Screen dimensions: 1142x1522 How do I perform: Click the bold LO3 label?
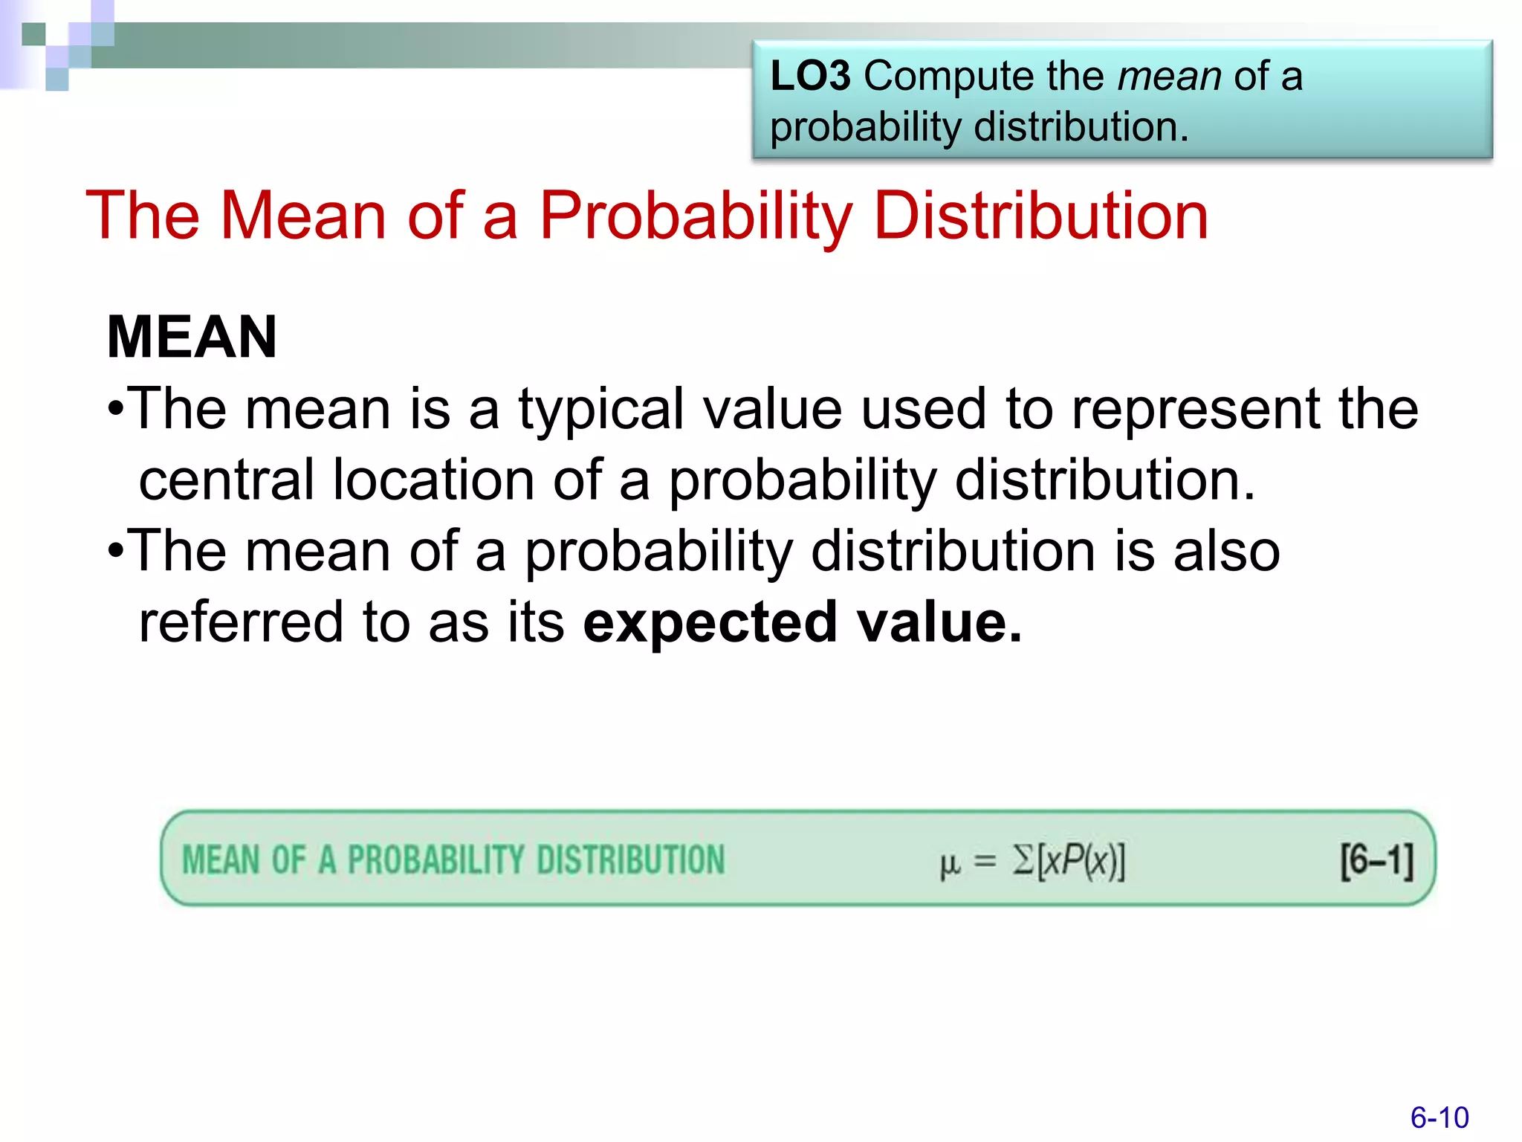pos(810,77)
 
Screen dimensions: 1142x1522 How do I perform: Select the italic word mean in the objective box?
pos(1169,77)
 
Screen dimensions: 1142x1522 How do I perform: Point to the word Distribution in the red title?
pos(1041,216)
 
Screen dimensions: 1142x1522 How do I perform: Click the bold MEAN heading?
pos(192,338)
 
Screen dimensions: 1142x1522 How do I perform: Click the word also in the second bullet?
pos(1226,552)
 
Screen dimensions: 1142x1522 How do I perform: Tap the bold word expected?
pos(710,624)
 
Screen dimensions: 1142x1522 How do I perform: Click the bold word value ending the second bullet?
pos(939,622)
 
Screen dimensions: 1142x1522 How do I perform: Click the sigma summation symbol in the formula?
pos(1023,861)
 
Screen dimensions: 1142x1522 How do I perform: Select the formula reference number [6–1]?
pos(1376,861)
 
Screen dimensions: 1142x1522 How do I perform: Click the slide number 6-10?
pos(1440,1117)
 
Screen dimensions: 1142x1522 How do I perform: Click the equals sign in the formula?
pos(985,862)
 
